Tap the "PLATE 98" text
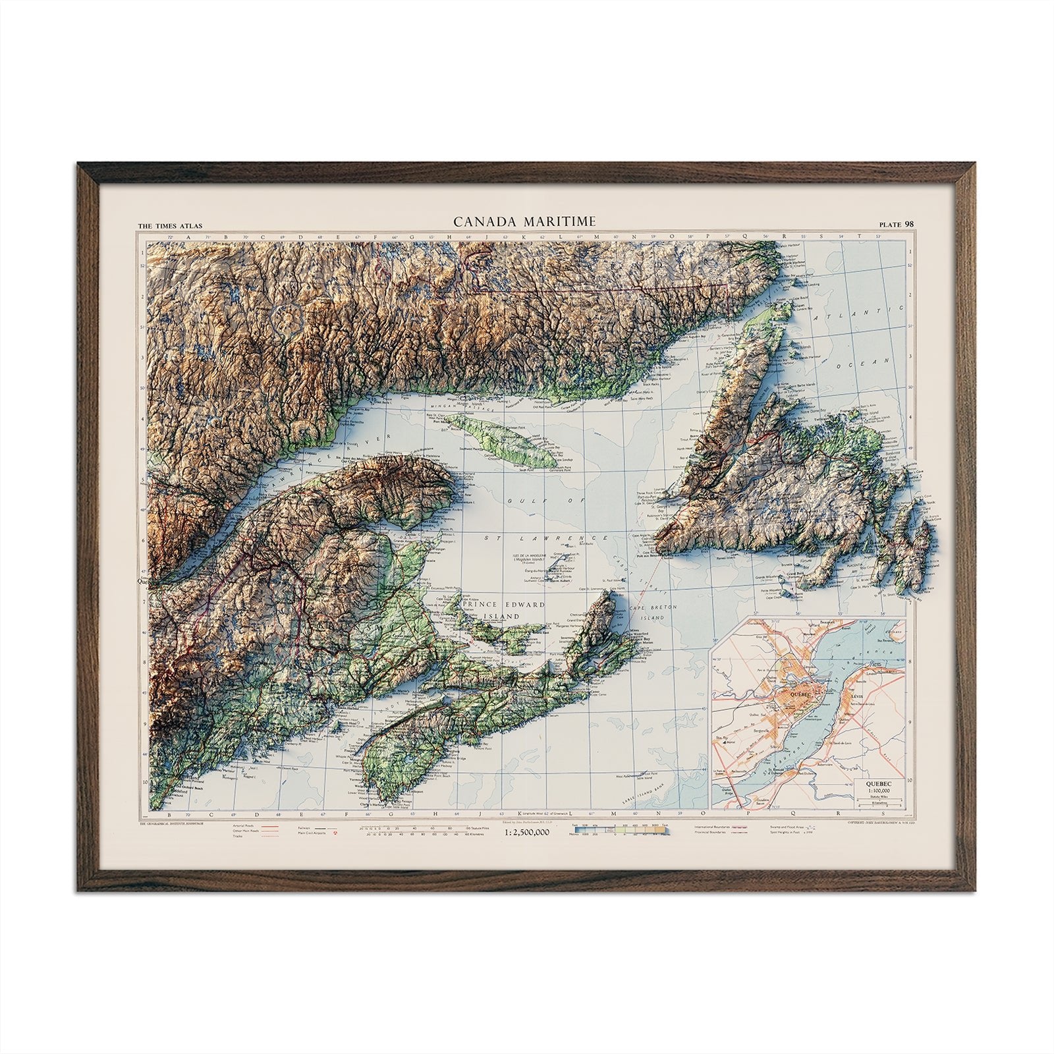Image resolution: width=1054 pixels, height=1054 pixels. tap(896, 224)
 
